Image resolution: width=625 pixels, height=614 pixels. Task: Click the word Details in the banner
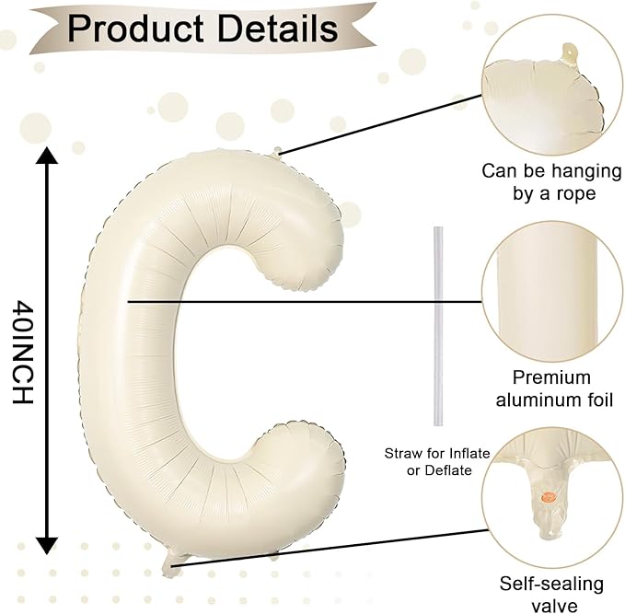(x=279, y=28)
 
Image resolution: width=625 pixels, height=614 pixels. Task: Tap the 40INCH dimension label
(x=22, y=352)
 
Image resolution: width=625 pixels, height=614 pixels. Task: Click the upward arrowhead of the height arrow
(x=47, y=156)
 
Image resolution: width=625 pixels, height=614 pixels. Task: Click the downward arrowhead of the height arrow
(x=47, y=546)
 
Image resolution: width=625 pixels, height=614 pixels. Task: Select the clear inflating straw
(x=438, y=327)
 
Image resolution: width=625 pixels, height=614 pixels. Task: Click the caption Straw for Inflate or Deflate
(x=437, y=462)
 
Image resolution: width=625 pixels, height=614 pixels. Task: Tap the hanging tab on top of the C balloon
(x=277, y=151)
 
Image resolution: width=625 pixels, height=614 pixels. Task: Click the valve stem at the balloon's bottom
(x=170, y=563)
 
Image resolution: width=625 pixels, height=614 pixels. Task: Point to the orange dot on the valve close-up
(x=549, y=496)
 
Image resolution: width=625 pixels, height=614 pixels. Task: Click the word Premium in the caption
(x=551, y=377)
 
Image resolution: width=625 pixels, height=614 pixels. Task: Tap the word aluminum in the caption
(x=532, y=400)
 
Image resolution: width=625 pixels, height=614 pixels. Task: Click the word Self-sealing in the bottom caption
(x=551, y=585)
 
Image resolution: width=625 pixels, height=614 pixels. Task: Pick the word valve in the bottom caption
(x=554, y=605)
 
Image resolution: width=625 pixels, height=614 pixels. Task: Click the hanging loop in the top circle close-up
(x=569, y=53)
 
